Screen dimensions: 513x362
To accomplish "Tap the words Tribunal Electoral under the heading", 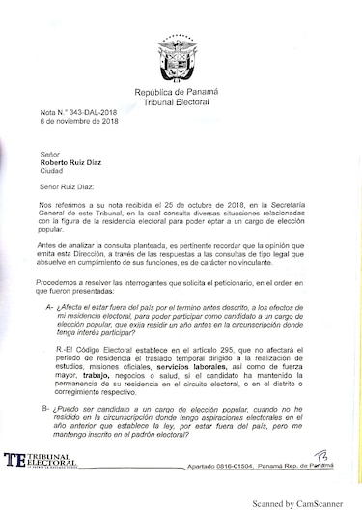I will pyautogui.click(x=181, y=100).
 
